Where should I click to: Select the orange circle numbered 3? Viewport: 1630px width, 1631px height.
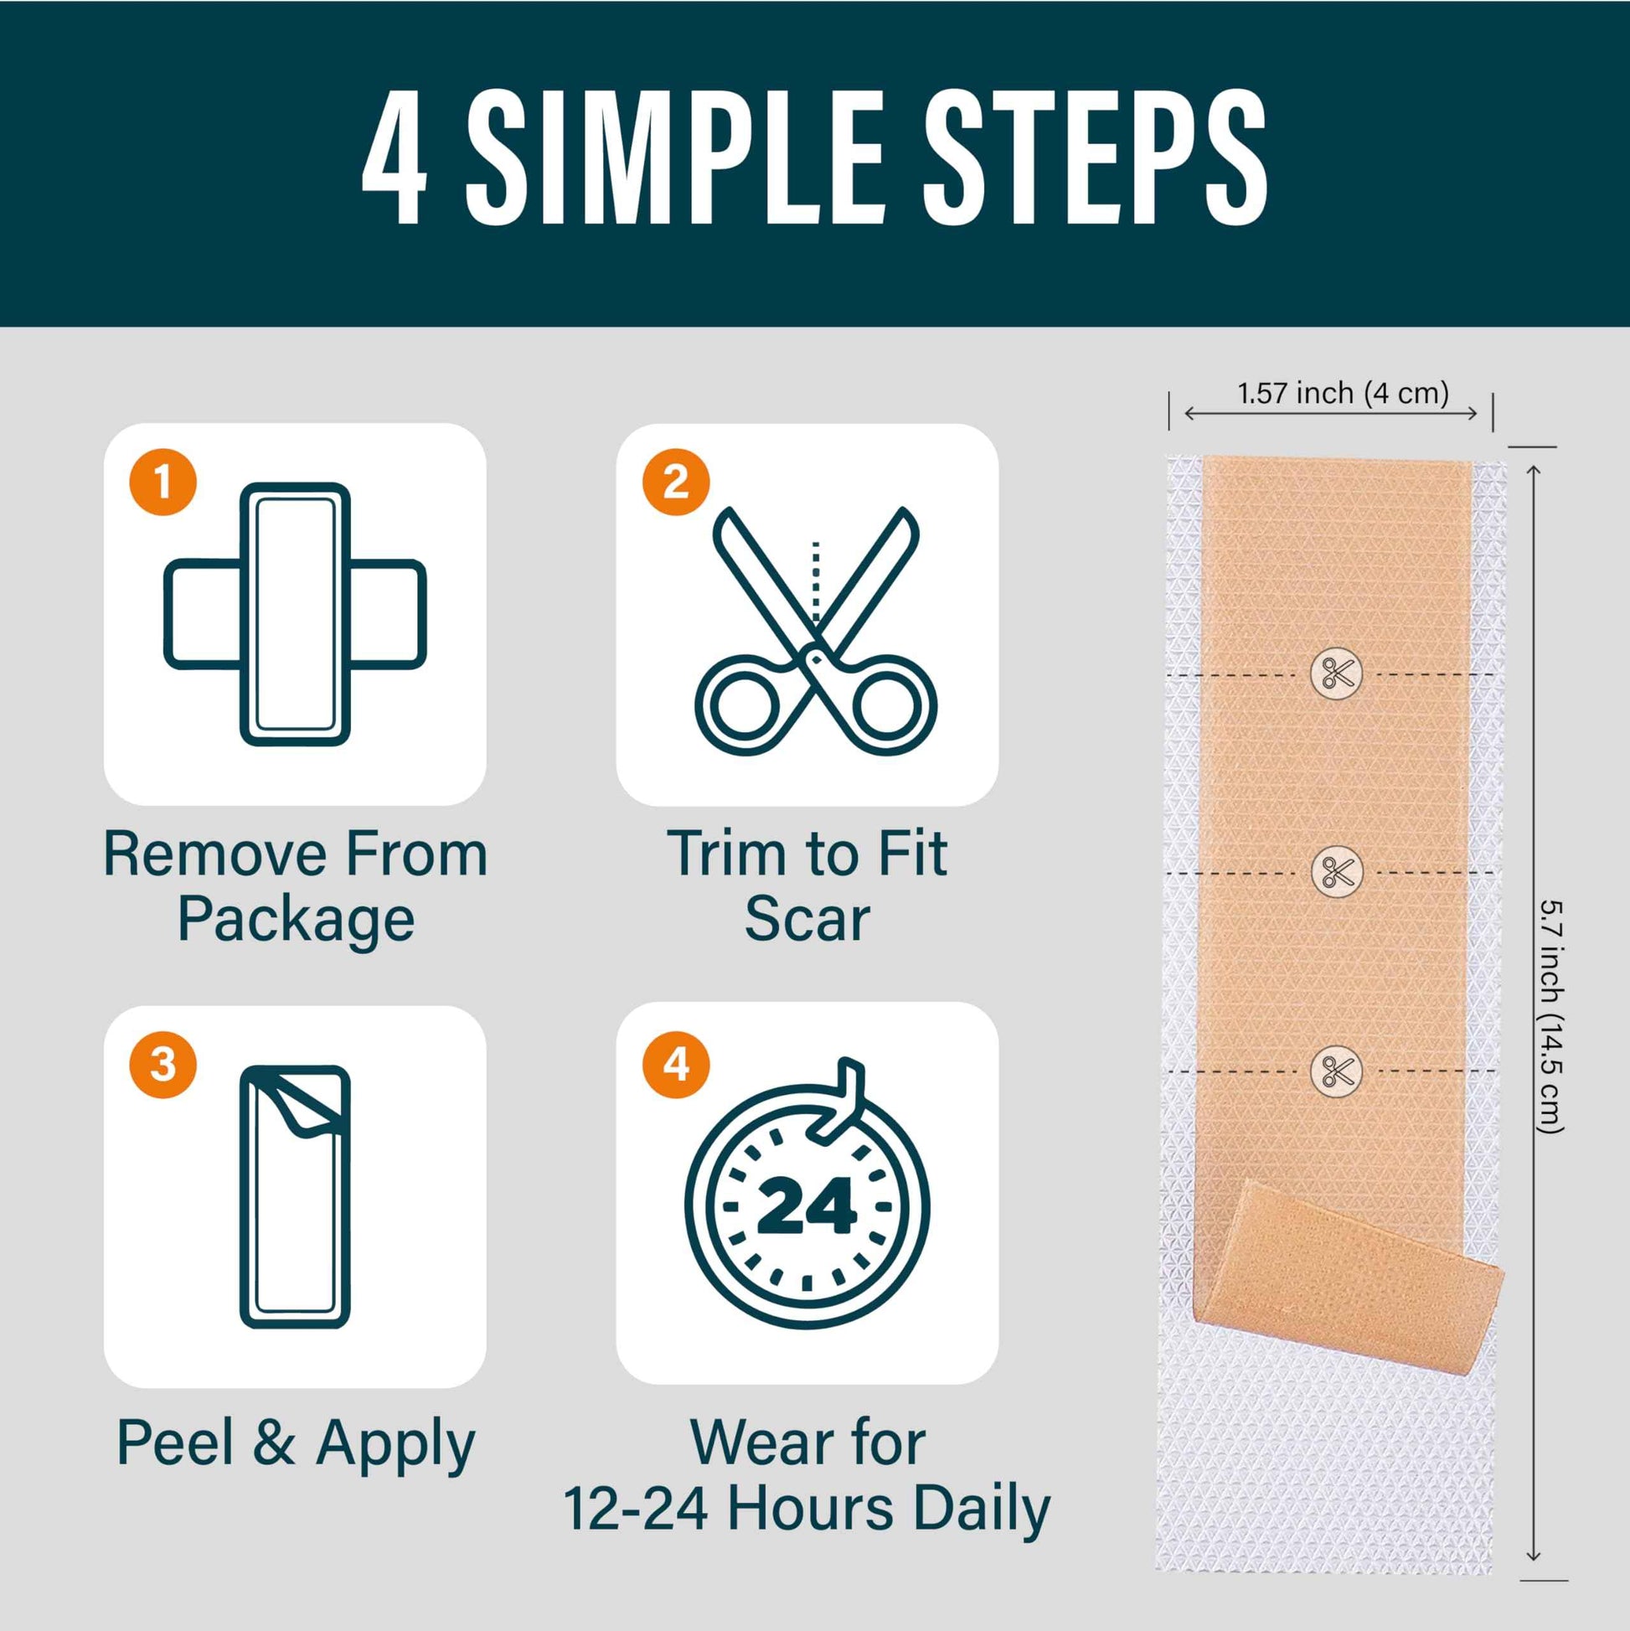pyautogui.click(x=162, y=1065)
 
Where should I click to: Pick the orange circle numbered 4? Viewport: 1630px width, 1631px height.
pyautogui.click(x=675, y=1065)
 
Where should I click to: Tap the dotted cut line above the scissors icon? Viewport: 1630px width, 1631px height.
pyautogui.click(x=816, y=582)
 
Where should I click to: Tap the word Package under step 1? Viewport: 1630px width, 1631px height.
pyautogui.click(x=296, y=920)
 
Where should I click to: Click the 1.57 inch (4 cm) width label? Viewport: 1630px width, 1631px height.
pyautogui.click(x=1343, y=393)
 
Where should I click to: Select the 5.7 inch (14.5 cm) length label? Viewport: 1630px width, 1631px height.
pyautogui.click(x=1551, y=1016)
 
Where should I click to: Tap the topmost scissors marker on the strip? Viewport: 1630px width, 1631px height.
pyautogui.click(x=1337, y=674)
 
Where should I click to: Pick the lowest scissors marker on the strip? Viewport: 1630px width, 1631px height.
pyautogui.click(x=1337, y=1071)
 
